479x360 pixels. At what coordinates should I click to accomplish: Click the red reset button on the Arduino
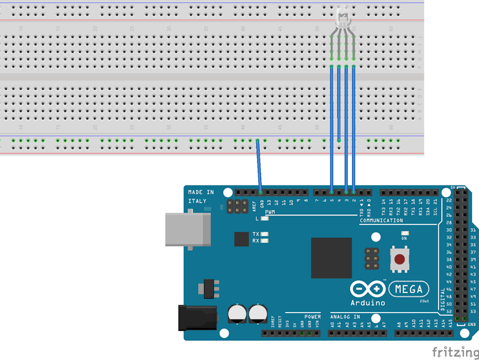click(399, 260)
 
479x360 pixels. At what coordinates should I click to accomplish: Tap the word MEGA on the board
click(410, 290)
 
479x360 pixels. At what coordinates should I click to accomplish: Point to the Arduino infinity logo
click(368, 289)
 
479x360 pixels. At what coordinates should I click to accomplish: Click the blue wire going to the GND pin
click(259, 165)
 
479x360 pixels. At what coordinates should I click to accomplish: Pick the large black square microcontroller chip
click(331, 258)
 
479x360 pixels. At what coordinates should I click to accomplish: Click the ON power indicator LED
click(404, 234)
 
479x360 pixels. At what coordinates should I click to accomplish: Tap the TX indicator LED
click(264, 234)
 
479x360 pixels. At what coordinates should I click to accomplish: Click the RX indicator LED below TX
click(264, 241)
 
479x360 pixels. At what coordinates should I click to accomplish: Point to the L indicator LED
click(265, 218)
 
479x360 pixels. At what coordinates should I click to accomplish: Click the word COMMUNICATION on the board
click(381, 220)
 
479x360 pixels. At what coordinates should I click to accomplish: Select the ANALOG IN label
click(345, 317)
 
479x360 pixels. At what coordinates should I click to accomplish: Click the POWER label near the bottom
click(313, 317)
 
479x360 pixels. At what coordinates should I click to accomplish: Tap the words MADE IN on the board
click(201, 192)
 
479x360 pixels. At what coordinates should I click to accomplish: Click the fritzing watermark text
click(454, 351)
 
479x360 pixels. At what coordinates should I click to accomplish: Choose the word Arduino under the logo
click(368, 303)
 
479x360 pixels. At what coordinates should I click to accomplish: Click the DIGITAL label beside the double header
click(443, 299)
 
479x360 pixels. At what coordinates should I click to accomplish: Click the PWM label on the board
click(270, 212)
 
